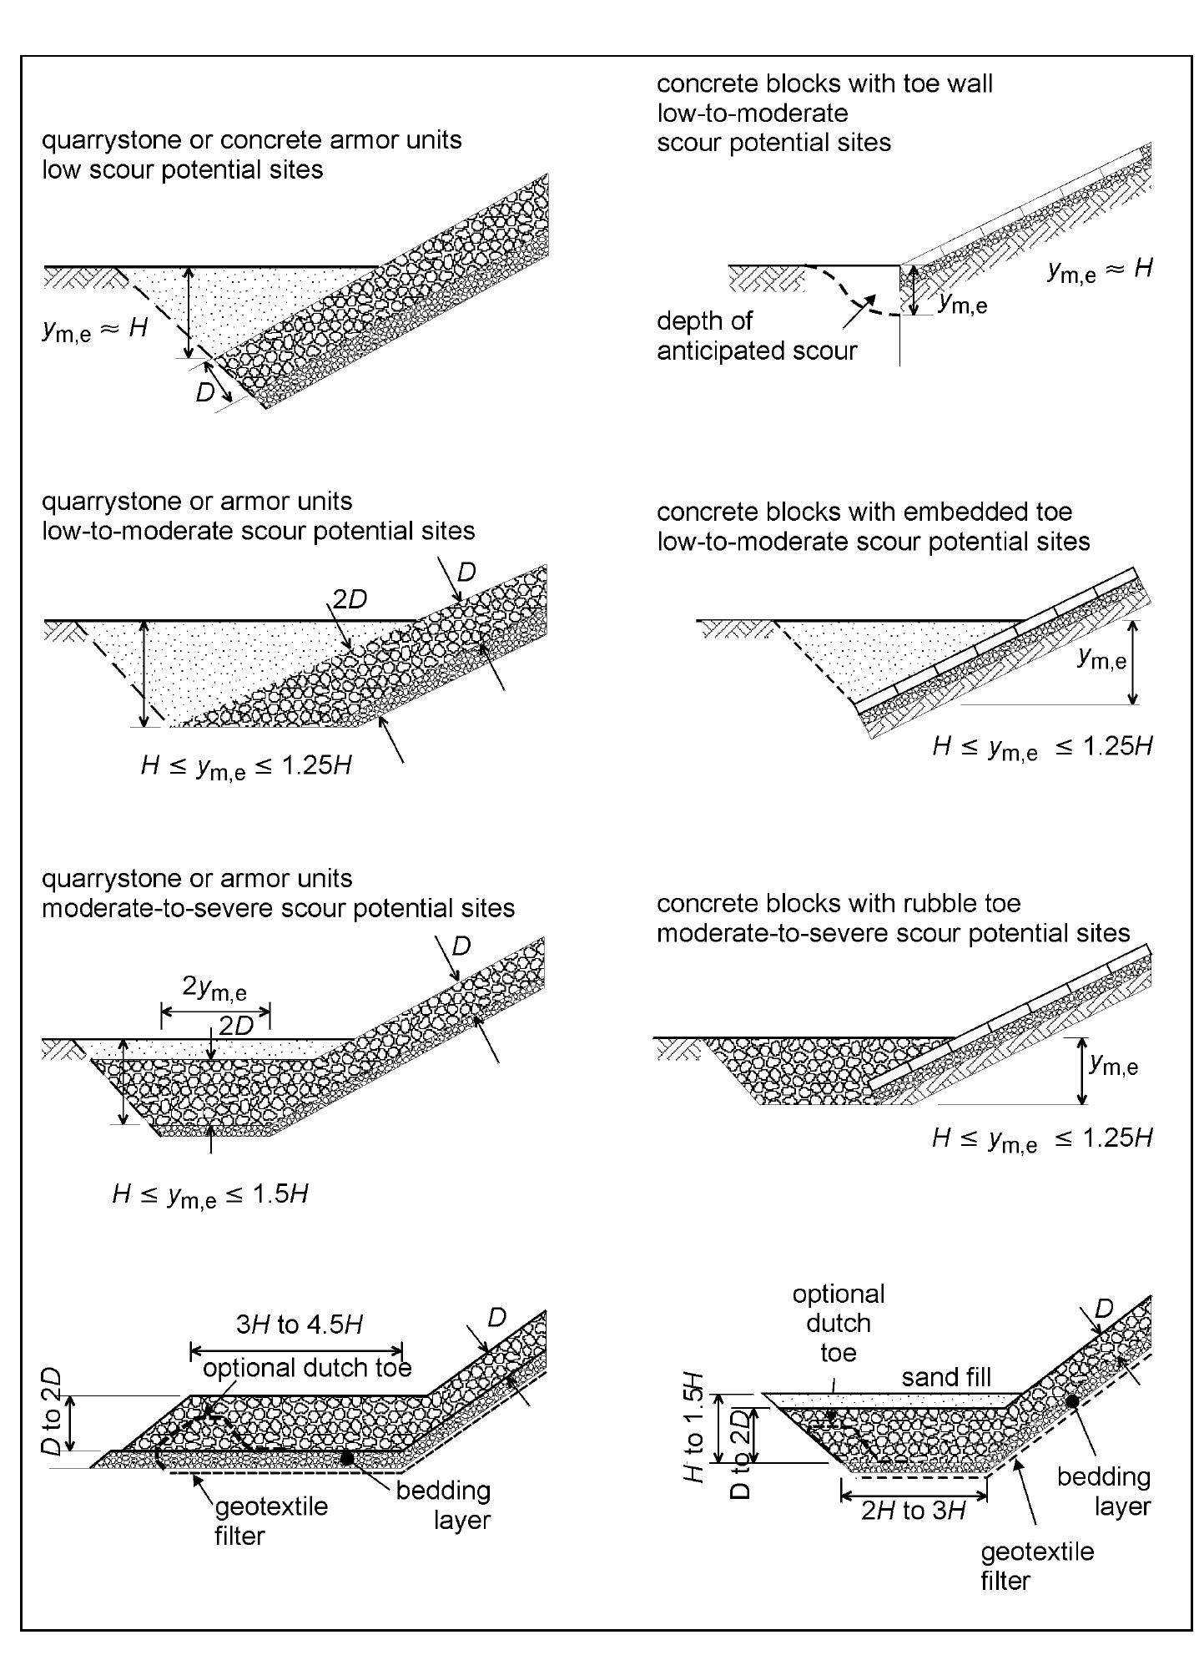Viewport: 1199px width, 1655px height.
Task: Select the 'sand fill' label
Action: [x=946, y=1376]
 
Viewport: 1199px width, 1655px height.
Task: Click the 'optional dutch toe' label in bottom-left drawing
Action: [x=307, y=1368]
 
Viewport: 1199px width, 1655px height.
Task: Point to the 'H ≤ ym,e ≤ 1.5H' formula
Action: [x=210, y=1195]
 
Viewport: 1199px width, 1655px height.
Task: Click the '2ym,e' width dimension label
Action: [x=214, y=988]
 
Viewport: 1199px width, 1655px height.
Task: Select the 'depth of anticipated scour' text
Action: [x=756, y=336]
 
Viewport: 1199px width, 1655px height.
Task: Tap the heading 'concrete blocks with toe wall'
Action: [x=824, y=83]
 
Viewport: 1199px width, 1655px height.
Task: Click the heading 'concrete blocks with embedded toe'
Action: [x=864, y=511]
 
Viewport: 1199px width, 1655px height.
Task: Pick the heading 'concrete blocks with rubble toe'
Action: [x=839, y=903]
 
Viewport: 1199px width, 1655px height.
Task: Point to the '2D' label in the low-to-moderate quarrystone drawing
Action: [x=350, y=600]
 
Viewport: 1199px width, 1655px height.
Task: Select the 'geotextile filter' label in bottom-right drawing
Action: [x=1036, y=1566]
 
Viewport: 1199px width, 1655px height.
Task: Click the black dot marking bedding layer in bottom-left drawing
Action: [x=345, y=1457]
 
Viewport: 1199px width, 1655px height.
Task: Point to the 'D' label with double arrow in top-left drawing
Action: [x=205, y=391]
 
